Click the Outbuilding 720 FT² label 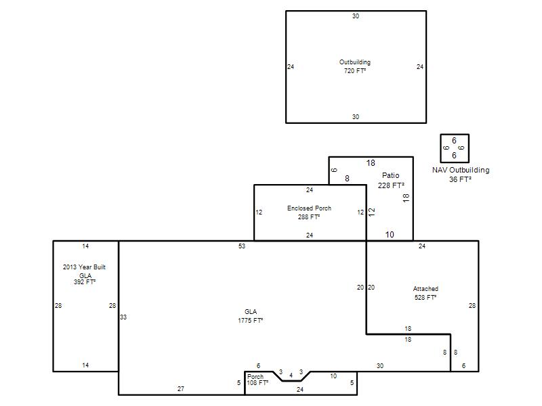(354, 66)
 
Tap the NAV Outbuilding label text (461, 170)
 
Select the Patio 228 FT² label (391, 180)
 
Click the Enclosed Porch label (309, 208)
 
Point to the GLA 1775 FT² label (250, 316)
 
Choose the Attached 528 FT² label (425, 293)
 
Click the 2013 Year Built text (84, 267)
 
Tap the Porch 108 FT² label (257, 380)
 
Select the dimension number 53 (242, 246)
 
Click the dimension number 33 (123, 317)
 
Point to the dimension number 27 (181, 388)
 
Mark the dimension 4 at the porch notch (291, 376)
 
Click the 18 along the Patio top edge (371, 163)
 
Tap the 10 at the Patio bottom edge (390, 235)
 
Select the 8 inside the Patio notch (347, 179)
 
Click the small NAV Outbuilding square (455, 134)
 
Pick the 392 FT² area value (84, 282)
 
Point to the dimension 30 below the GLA (380, 366)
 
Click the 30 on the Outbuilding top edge (356, 16)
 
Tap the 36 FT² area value (460, 179)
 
